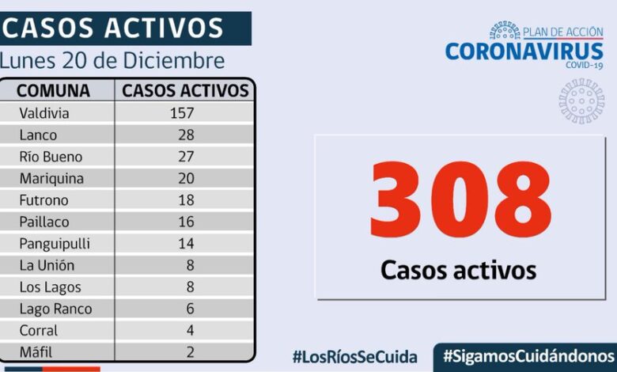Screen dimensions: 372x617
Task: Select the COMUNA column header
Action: point(53,90)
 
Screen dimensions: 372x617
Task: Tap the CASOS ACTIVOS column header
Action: point(185,90)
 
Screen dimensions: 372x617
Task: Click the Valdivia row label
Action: point(44,113)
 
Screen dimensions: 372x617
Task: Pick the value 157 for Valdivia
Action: point(182,113)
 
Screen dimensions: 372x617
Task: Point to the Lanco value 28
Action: point(187,135)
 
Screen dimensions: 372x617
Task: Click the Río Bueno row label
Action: point(51,157)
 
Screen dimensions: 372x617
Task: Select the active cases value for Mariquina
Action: point(187,179)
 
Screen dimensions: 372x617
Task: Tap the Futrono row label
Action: point(44,200)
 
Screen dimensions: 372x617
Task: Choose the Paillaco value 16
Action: point(187,222)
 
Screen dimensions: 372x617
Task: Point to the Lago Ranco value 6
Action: point(190,309)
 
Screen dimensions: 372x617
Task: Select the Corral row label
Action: point(38,331)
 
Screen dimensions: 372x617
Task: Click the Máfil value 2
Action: point(190,352)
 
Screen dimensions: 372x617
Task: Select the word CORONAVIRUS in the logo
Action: point(523,51)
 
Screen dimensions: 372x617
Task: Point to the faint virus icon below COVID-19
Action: point(581,101)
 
